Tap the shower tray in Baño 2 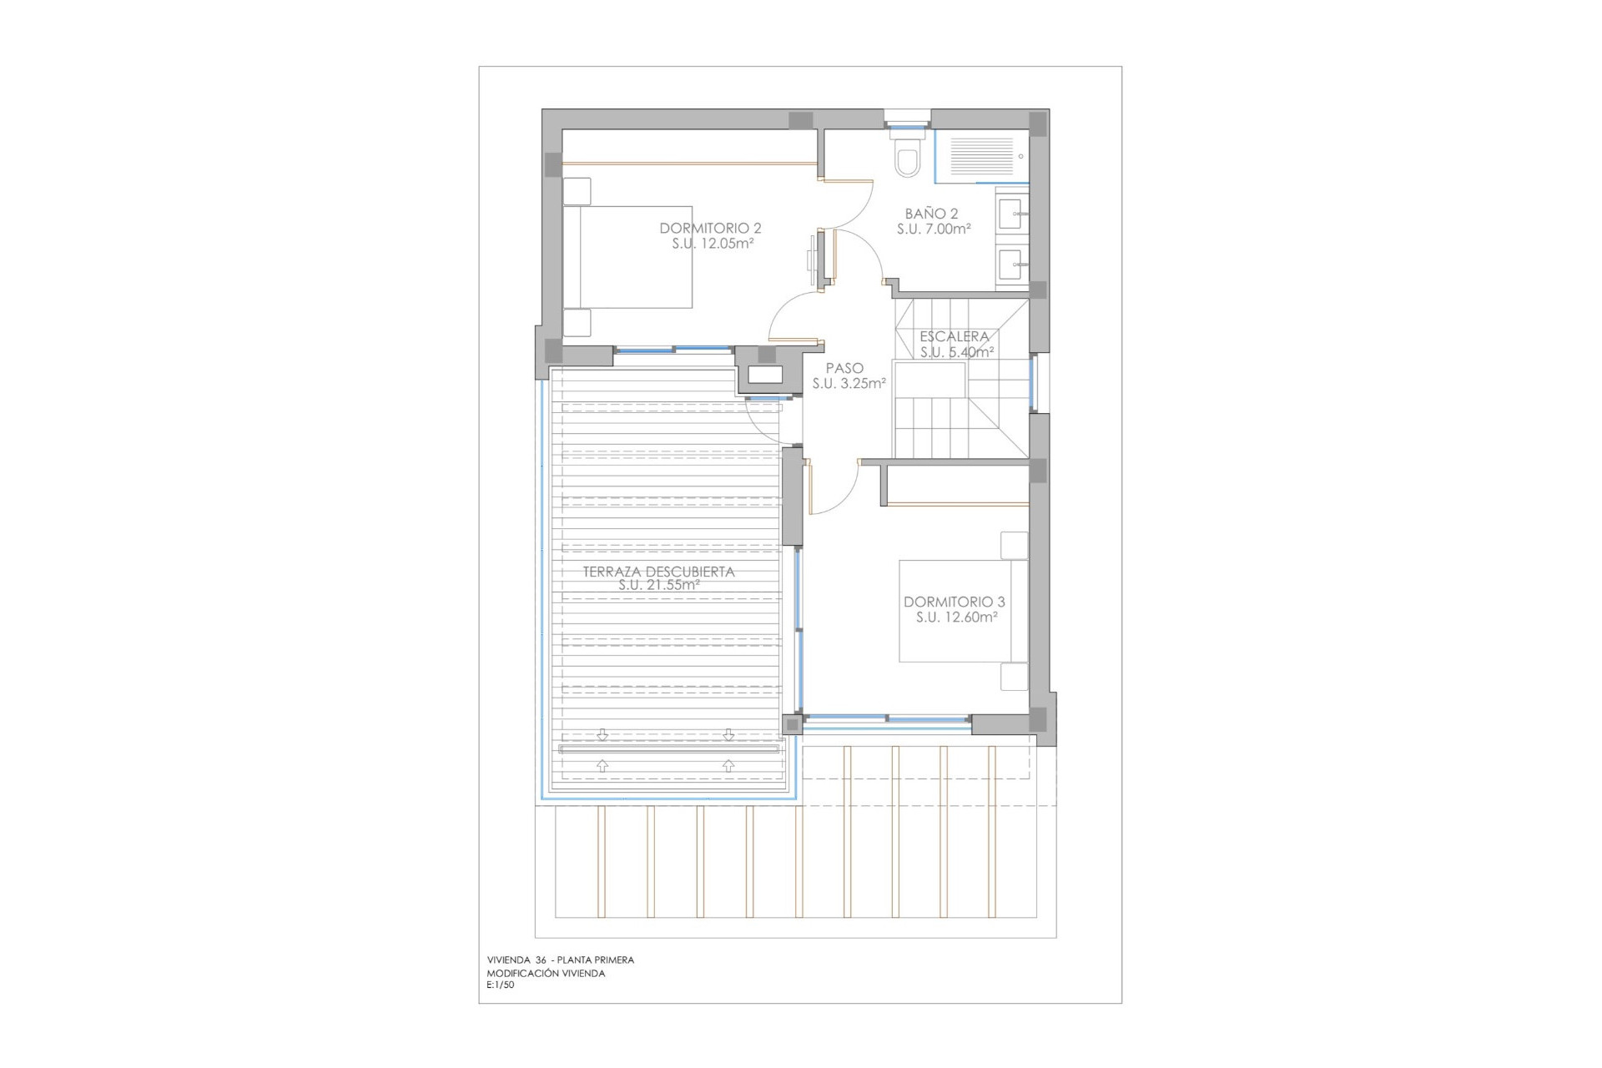click(x=981, y=155)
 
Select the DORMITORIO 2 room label click(x=710, y=228)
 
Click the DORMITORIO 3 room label click(x=954, y=602)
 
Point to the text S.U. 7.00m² click(x=934, y=229)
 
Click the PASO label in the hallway click(x=844, y=368)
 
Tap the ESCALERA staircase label click(x=954, y=336)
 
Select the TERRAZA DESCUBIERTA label click(x=658, y=572)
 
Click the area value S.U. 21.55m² click(x=658, y=586)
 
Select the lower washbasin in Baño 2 click(x=1013, y=265)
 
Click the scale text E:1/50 click(x=501, y=985)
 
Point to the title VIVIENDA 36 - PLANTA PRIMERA click(x=561, y=960)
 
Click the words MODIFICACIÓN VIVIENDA click(x=546, y=973)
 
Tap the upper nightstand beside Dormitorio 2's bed click(x=577, y=191)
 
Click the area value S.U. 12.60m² click(x=956, y=617)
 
